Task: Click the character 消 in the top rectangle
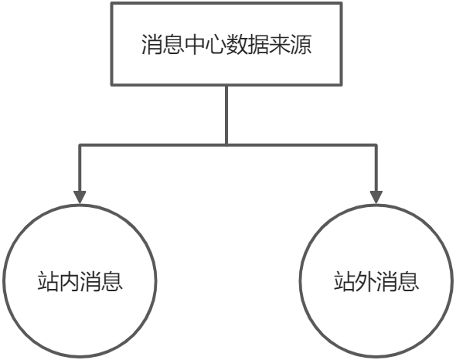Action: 152,45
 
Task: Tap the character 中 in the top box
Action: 195,45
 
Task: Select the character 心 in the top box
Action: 216,45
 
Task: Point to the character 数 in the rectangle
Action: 237,45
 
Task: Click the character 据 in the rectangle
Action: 258,45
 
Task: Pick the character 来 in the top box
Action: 280,45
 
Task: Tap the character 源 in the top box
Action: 301,45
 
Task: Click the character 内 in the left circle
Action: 70,281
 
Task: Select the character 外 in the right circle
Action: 366,281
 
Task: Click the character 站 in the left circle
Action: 48,281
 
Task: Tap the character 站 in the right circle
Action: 345,281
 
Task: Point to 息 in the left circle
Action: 112,281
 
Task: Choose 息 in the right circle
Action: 408,281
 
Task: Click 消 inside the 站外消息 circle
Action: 387,281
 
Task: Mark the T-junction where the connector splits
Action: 226,144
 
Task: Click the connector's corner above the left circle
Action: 80,144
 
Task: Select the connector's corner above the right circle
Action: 376,144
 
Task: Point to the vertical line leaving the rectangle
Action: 226,115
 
